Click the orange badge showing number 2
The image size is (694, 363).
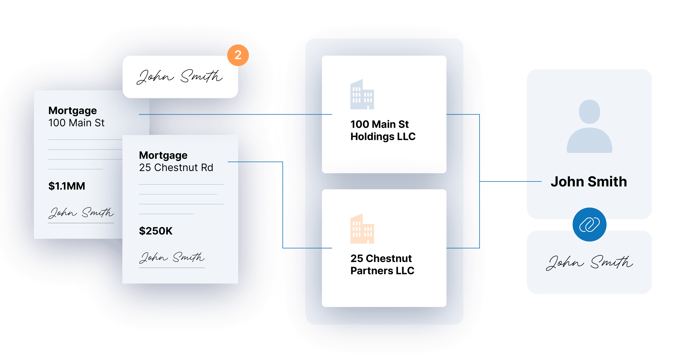pyautogui.click(x=238, y=55)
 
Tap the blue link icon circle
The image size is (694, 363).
pyautogui.click(x=590, y=224)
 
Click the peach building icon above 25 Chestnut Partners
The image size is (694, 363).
pyautogui.click(x=362, y=229)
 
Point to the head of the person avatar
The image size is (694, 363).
pyautogui.click(x=590, y=111)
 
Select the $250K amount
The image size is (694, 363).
pyautogui.click(x=155, y=231)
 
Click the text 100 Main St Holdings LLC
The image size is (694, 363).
pyautogui.click(x=383, y=130)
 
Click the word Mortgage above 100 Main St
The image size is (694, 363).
pyautogui.click(x=72, y=111)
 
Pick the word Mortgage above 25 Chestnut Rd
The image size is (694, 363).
pyautogui.click(x=163, y=155)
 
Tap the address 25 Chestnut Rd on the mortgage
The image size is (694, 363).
pyautogui.click(x=176, y=167)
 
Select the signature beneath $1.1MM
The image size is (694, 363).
pyautogui.click(x=81, y=213)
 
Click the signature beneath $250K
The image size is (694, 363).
pyautogui.click(x=172, y=258)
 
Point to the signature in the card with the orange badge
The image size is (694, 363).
pyautogui.click(x=180, y=77)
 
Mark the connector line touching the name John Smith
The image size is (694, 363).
pyautogui.click(x=512, y=182)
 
